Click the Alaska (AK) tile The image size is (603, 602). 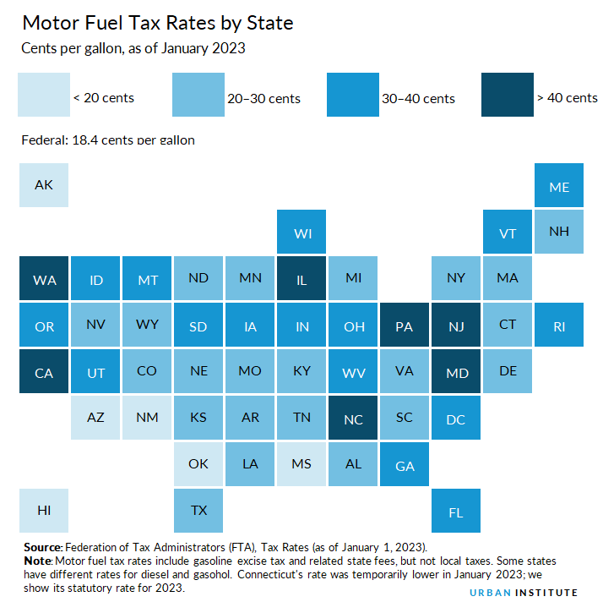coord(44,184)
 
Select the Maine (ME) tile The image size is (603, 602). coord(559,185)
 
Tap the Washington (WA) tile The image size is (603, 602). coord(44,279)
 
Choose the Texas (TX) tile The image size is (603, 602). coord(198,510)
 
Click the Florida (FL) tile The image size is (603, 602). coord(456,512)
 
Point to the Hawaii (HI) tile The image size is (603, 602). coord(44,510)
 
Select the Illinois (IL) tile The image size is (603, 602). coord(301,279)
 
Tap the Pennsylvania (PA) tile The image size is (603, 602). coord(405,325)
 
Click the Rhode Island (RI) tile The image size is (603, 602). coord(559,325)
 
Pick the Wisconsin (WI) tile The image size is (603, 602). coord(301,233)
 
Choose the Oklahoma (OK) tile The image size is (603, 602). coord(198,463)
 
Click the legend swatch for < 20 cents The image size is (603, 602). coord(44,95)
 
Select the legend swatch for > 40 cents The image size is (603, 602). coord(508,95)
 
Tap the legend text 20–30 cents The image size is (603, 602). coord(263,98)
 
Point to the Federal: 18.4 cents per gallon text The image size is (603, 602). coord(108,139)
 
